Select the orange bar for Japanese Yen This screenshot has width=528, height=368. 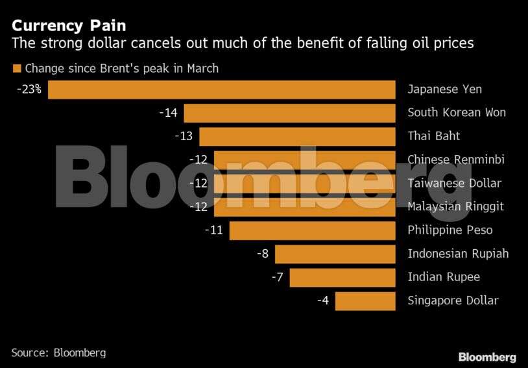coord(222,90)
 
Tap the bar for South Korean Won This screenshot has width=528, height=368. coord(289,113)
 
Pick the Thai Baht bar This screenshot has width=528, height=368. coord(297,136)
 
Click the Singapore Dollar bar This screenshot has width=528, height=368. coord(365,301)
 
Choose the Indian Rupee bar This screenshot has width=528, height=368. coord(342,277)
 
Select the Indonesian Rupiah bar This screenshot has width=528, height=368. coord(335,254)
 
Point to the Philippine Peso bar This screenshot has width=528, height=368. coord(312,230)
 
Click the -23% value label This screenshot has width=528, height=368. coord(30,90)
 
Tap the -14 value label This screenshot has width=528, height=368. coord(168,113)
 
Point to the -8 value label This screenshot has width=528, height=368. coord(263,254)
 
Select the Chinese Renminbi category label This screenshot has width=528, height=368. coord(456,160)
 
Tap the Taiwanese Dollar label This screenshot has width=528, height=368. coord(454,183)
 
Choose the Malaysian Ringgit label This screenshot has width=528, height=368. coord(455,206)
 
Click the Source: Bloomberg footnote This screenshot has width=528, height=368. coord(58,353)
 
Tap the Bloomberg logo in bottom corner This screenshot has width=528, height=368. coord(487,357)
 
